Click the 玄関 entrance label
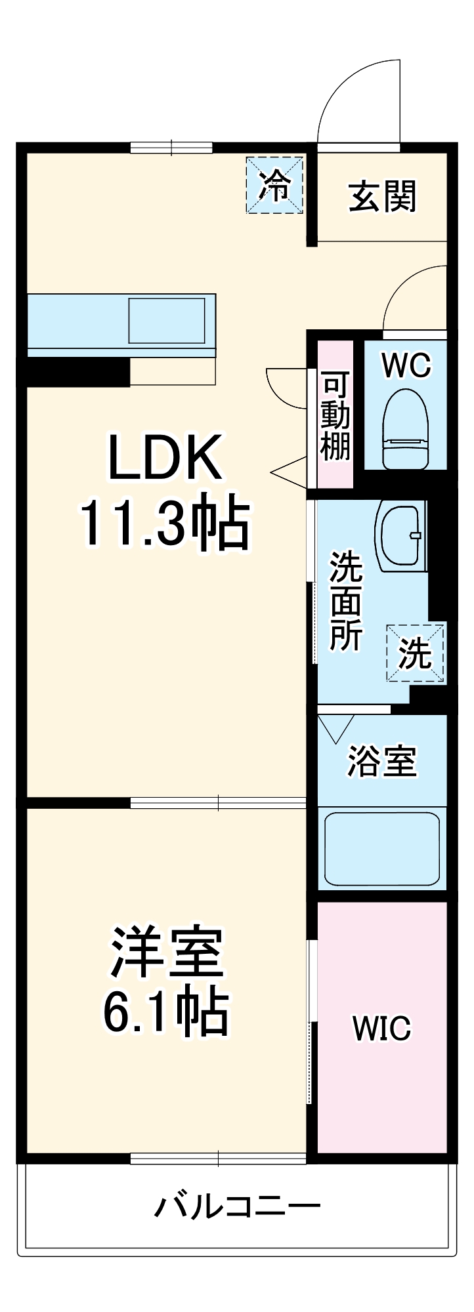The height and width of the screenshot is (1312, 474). click(382, 196)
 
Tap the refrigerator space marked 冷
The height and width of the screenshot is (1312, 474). click(274, 185)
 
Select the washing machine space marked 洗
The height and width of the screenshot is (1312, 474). click(416, 653)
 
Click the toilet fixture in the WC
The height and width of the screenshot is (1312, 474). click(405, 429)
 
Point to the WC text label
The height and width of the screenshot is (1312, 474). click(406, 365)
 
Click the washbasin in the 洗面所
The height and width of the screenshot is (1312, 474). click(400, 534)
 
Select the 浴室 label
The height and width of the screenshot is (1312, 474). click(382, 761)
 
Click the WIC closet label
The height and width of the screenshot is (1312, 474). click(381, 1027)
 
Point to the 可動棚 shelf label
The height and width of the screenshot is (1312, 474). click(335, 416)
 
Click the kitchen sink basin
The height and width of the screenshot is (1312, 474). click(167, 320)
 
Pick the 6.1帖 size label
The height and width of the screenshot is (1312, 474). click(165, 1010)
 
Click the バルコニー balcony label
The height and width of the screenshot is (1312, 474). click(238, 1205)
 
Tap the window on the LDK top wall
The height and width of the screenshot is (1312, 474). click(171, 148)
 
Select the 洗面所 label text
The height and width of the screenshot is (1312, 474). click(346, 602)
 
